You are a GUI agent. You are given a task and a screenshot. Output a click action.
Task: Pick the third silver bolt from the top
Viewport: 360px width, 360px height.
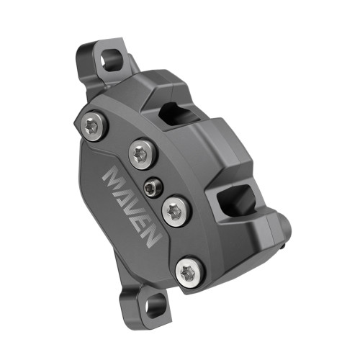point(174,211)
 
